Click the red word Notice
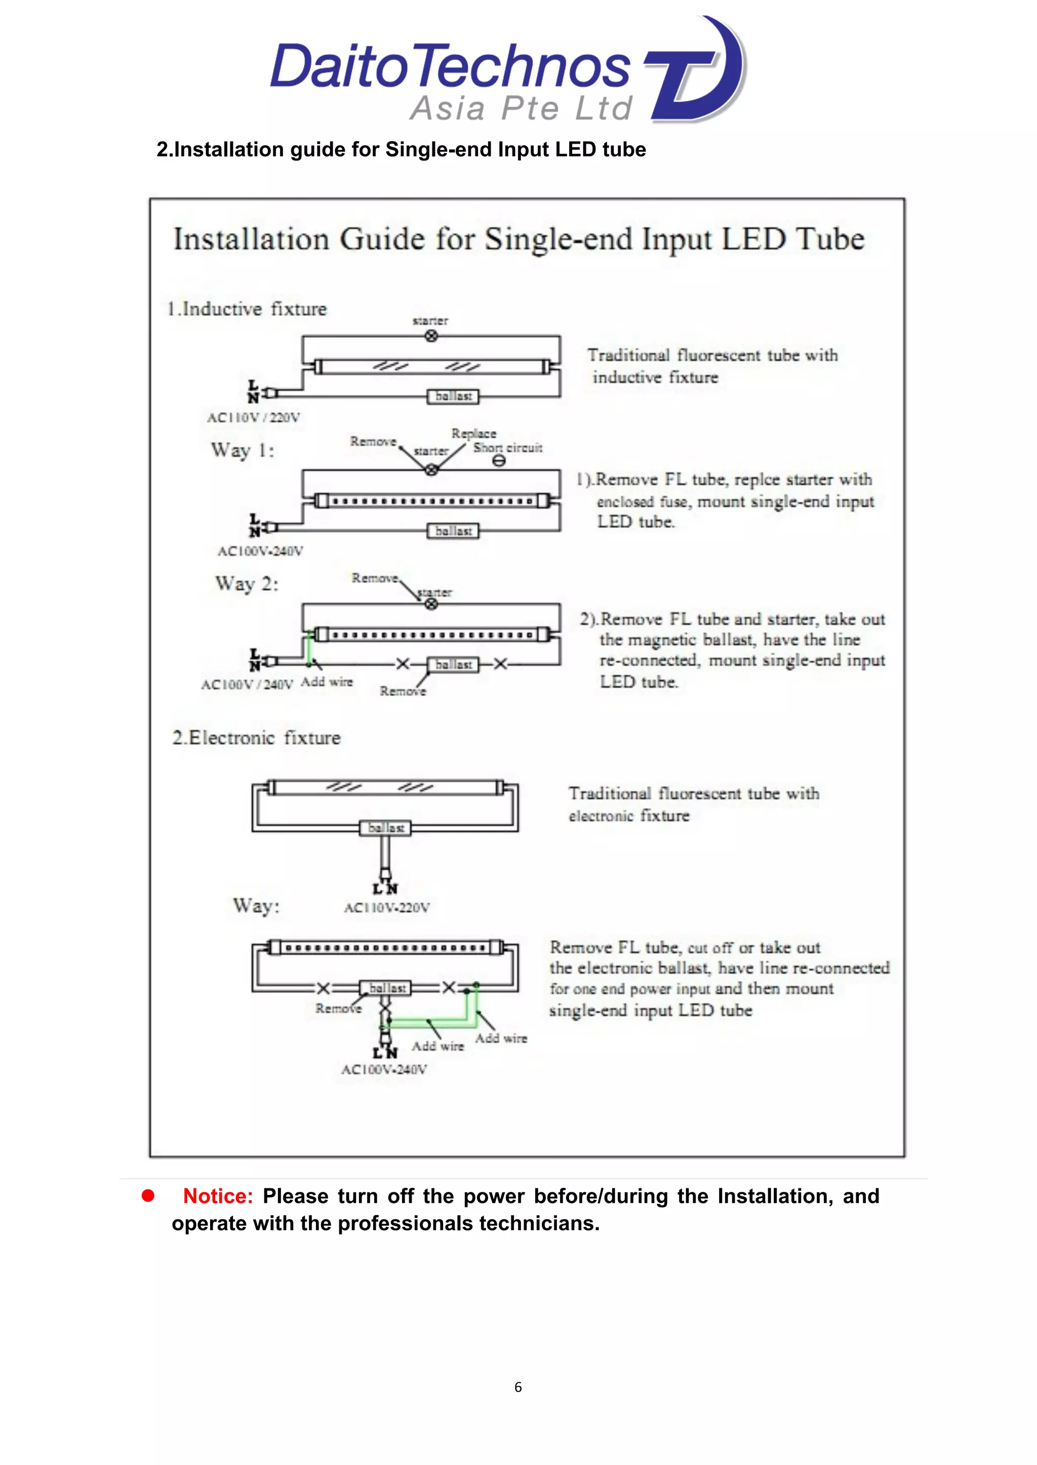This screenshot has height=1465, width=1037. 218,1196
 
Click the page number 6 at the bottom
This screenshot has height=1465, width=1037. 518,1387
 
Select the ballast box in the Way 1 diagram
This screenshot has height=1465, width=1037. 453,531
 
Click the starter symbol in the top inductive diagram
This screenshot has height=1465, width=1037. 431,335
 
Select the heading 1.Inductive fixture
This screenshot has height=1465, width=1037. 247,310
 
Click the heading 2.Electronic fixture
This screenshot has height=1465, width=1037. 256,738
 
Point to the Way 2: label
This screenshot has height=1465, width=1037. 247,584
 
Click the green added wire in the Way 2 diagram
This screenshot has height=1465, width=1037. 309,648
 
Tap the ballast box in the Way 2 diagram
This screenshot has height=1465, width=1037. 453,665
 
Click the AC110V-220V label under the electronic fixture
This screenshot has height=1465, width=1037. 386,908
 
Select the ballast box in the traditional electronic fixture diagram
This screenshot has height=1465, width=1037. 386,828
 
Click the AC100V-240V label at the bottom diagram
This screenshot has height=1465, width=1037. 384,1070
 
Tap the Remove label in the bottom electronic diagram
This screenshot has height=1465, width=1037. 338,1009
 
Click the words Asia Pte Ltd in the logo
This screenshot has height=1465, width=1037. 521,108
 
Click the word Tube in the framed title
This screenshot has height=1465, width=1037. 830,239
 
